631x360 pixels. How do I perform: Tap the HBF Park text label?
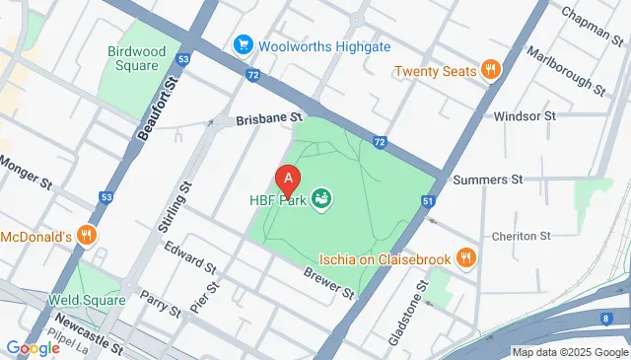tap(277, 201)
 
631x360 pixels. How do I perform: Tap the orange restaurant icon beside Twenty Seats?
tap(490, 70)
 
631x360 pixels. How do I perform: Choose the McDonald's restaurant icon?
tap(88, 236)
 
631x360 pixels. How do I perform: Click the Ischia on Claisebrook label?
tap(385, 259)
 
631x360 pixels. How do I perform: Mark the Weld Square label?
tap(87, 298)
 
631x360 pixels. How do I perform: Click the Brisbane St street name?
tap(268, 118)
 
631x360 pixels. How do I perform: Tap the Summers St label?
tap(487, 180)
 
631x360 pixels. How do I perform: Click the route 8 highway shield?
tap(603, 319)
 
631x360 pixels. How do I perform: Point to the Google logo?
tap(33, 347)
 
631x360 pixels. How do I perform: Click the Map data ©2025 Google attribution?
tap(569, 352)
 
